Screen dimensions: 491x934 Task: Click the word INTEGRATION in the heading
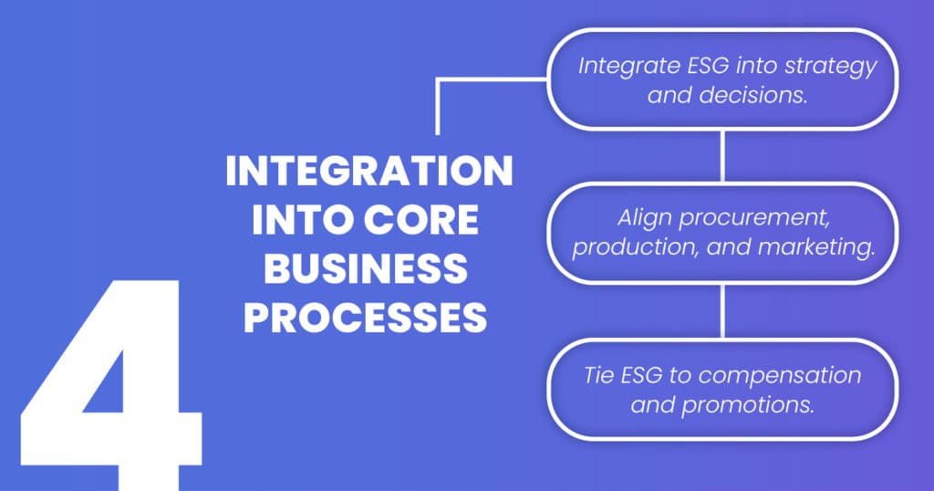[368, 173]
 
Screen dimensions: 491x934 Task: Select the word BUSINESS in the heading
[368, 270]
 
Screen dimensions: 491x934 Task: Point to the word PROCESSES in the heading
[368, 319]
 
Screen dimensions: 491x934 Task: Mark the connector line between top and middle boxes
[722, 156]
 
